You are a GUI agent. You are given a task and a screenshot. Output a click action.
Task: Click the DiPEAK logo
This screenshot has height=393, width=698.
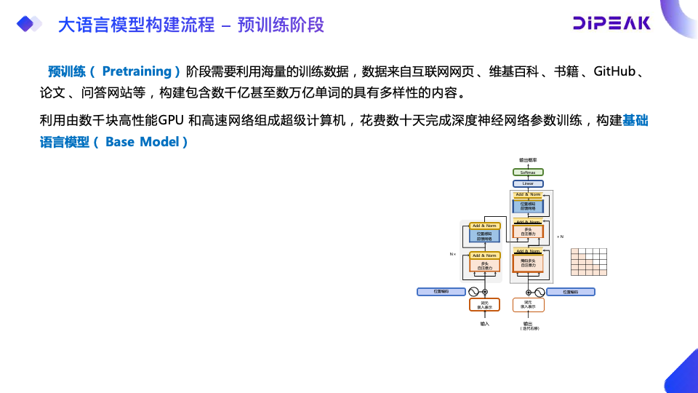click(x=611, y=24)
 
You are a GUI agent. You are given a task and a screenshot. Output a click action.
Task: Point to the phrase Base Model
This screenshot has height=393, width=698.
click(x=142, y=142)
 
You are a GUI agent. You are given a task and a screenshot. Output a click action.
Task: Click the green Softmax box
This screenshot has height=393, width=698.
click(x=528, y=172)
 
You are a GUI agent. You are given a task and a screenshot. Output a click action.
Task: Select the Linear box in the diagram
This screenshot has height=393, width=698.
click(x=528, y=183)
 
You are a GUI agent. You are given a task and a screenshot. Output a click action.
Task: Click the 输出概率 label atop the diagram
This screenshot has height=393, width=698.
click(x=528, y=160)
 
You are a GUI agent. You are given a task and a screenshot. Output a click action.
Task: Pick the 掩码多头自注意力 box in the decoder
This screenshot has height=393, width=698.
click(x=528, y=263)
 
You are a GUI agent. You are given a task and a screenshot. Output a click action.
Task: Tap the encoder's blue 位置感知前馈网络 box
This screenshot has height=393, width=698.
click(x=484, y=236)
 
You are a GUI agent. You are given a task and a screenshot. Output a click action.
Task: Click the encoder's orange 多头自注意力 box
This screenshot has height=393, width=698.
click(x=484, y=266)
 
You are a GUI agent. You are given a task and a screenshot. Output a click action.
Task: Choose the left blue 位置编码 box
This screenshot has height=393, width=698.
click(x=441, y=292)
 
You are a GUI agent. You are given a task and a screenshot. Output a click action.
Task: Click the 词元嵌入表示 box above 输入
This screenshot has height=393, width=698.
click(x=484, y=305)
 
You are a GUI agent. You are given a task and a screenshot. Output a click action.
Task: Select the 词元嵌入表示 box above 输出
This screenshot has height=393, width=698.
click(x=528, y=305)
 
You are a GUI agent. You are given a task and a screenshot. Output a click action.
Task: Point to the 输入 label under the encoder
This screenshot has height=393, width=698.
click(x=484, y=323)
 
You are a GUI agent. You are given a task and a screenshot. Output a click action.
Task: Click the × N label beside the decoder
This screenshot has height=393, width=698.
click(x=560, y=237)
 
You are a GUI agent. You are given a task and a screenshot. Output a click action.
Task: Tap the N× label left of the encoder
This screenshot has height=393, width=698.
click(x=452, y=254)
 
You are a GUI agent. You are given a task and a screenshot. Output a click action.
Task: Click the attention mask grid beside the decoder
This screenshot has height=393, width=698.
click(x=588, y=262)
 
